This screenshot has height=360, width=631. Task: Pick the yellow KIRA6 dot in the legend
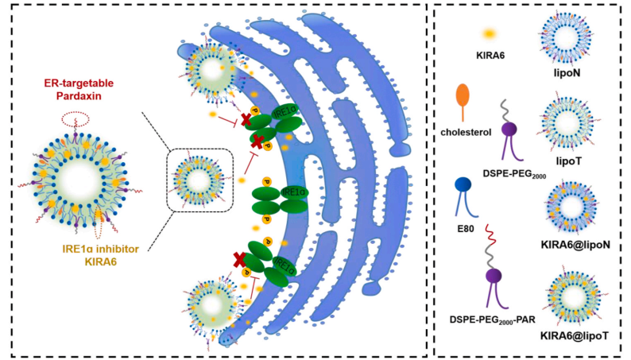tap(490, 33)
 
